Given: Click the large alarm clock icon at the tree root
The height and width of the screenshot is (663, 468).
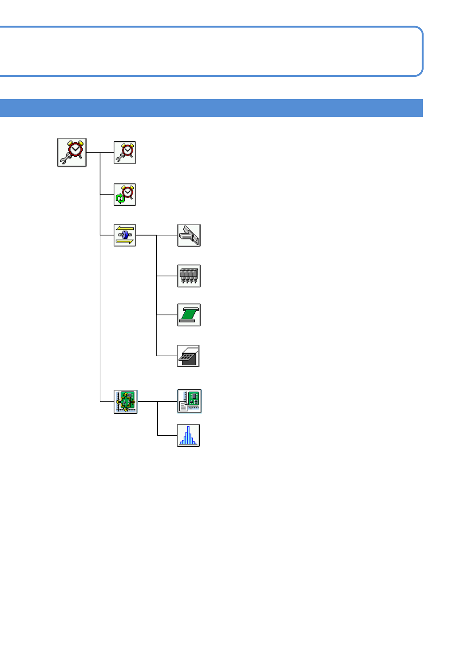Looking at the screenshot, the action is [72, 152].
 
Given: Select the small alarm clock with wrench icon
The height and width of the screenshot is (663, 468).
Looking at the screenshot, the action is [125, 153].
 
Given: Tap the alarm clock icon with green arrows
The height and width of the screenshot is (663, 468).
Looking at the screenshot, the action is [125, 194].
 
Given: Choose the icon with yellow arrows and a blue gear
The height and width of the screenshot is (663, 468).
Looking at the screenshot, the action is [125, 235].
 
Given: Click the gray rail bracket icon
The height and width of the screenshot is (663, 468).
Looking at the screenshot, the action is [189, 235].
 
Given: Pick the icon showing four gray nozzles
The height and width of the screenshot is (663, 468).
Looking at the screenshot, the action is [189, 276].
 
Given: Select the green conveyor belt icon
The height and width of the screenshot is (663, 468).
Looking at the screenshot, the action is [189, 315].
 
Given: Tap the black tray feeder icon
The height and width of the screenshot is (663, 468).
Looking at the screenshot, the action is [188, 356].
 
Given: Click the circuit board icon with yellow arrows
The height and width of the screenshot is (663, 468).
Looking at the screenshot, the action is [125, 402].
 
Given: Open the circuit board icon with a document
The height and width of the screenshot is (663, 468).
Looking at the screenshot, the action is [189, 401].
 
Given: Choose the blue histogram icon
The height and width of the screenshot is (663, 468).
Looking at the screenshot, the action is [188, 435].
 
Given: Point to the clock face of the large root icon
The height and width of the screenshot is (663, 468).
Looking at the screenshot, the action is [75, 150].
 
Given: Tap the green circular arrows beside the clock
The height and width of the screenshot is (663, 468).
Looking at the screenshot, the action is [120, 198].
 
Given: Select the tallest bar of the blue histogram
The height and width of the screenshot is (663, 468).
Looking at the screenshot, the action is [188, 435].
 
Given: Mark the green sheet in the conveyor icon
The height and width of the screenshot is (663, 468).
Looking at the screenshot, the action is [189, 314].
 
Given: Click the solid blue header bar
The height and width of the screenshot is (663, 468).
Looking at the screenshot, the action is [211, 108].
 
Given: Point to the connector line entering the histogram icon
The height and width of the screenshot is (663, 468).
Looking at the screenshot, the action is [168, 435].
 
